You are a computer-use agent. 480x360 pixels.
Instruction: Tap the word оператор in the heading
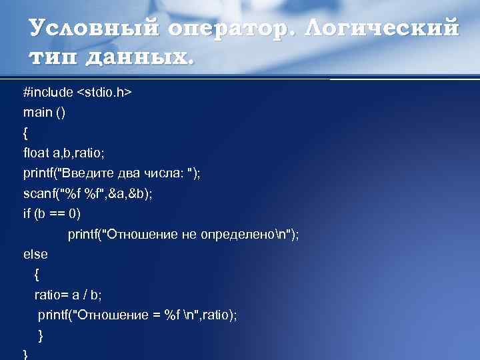click(229, 29)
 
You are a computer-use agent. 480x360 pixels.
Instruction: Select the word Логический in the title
click(383, 29)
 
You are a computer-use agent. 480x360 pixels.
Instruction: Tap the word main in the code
click(37, 113)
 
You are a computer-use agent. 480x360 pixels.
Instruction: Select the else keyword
click(35, 254)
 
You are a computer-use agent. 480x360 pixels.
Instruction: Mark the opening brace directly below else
click(37, 274)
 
